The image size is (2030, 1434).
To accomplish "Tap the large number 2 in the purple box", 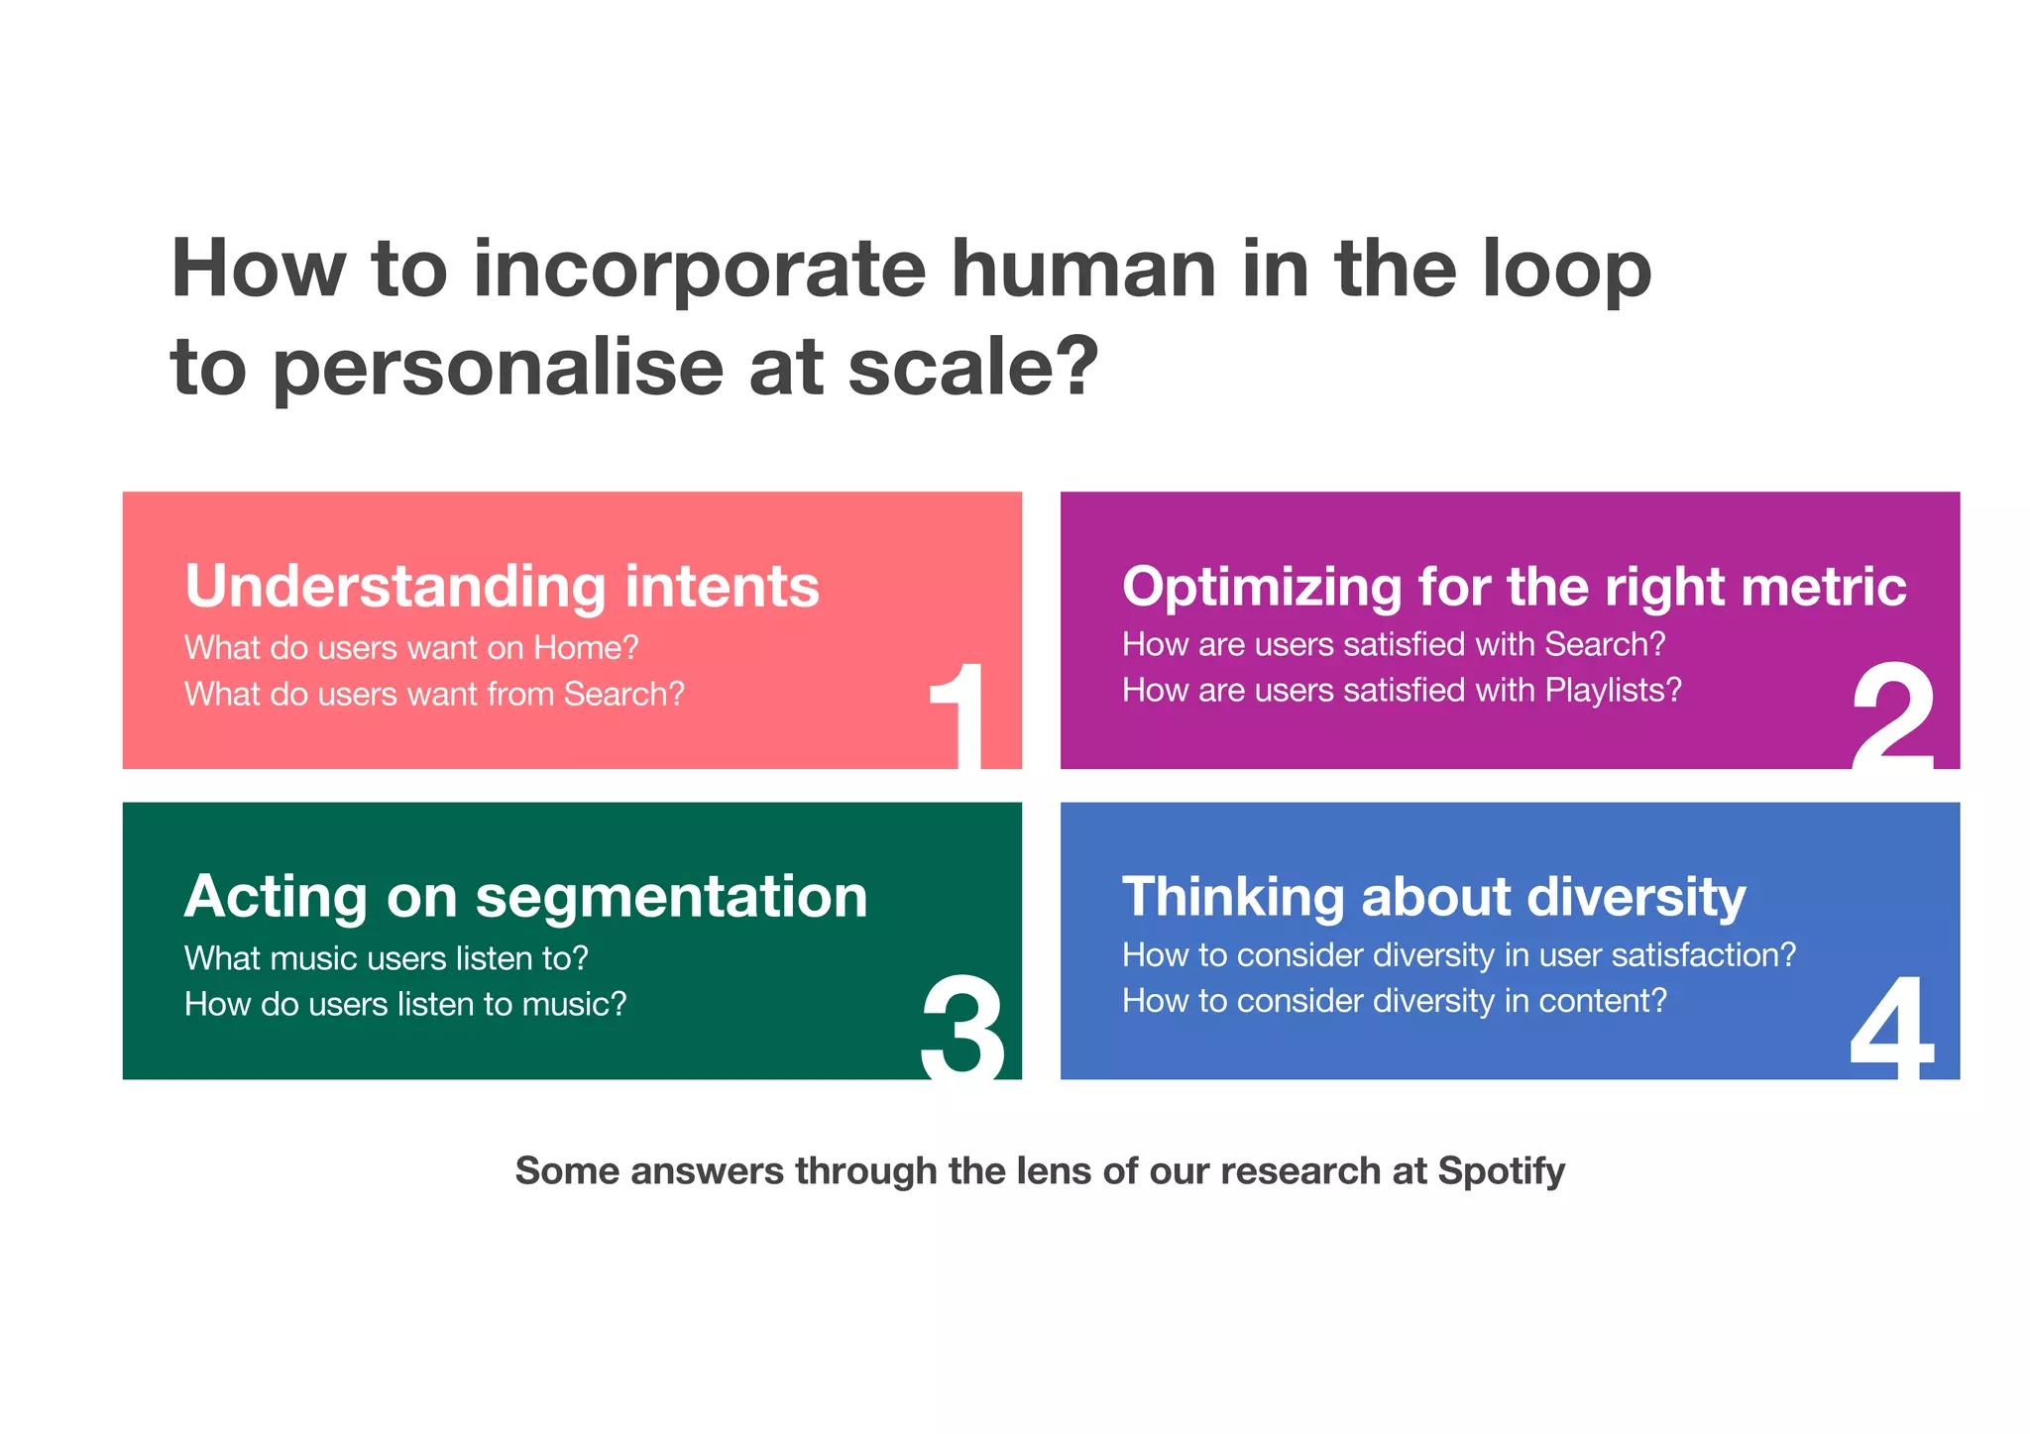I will [1892, 716].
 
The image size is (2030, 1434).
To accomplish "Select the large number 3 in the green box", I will [962, 1026].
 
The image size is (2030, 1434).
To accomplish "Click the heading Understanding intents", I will [502, 586].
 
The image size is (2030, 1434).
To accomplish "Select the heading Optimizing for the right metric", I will [1514, 586].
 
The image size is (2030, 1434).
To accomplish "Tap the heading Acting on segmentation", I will [525, 897].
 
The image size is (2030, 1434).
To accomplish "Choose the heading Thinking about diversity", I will [1433, 897].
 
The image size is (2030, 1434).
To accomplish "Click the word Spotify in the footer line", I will [1501, 1171].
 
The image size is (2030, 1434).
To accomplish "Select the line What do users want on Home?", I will [411, 648].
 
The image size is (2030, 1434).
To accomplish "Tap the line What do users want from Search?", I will [434, 694].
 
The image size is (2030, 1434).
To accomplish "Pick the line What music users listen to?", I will [387, 958].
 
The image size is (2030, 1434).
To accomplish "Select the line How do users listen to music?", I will [405, 1004].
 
